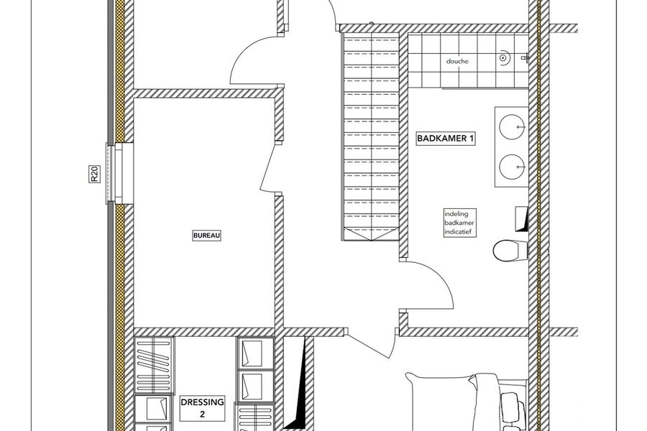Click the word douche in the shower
click(457, 62)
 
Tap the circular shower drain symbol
click(504, 54)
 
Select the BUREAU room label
click(206, 235)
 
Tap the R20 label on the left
click(93, 175)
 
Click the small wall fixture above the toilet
click(522, 218)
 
